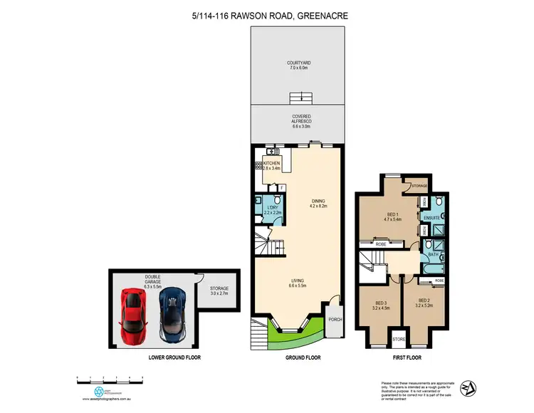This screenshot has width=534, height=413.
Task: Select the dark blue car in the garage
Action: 171,313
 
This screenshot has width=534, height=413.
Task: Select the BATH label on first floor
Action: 432,254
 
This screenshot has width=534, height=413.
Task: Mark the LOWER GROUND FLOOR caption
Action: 170,357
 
